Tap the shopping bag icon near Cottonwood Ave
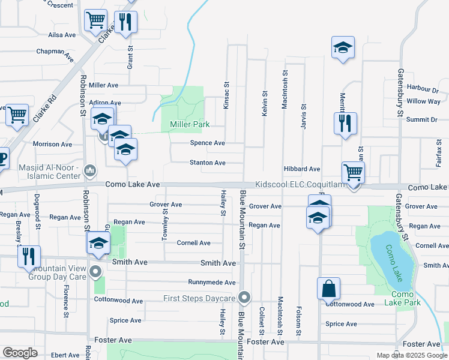(329, 289)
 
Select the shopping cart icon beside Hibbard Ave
(353, 173)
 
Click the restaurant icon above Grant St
(126, 22)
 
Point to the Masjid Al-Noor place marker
(91, 171)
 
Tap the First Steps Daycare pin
(244, 298)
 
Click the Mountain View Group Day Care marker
(95, 273)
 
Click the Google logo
(20, 353)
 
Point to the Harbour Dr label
(423, 89)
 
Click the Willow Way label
(423, 101)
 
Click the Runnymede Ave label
(211, 282)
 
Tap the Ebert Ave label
(65, 355)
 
